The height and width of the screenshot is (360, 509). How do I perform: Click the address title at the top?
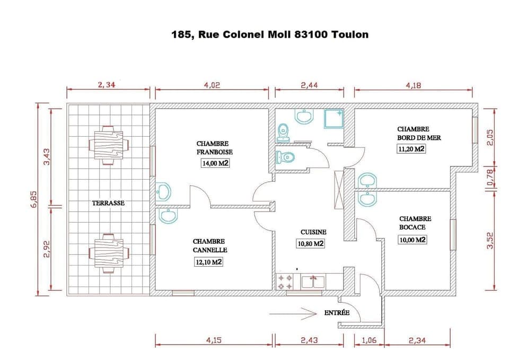tap(269, 34)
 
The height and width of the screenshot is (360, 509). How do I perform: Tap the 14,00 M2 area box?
tap(214, 163)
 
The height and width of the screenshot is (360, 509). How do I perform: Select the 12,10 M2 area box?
tap(208, 262)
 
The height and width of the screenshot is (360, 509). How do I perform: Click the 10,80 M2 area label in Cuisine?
tap(310, 244)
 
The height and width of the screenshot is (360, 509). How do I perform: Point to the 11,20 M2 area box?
tap(411, 149)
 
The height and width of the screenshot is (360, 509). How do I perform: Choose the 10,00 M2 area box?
tap(413, 240)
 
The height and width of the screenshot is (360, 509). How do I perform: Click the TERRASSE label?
tap(108, 203)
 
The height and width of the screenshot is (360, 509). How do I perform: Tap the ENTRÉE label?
tap(337, 313)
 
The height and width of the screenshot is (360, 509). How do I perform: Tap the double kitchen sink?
tap(313, 281)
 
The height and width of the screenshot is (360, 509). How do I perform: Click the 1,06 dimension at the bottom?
tap(368, 340)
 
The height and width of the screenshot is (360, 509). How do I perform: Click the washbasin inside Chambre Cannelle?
tap(168, 216)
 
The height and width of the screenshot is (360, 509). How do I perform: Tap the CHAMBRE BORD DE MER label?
tap(419, 133)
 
